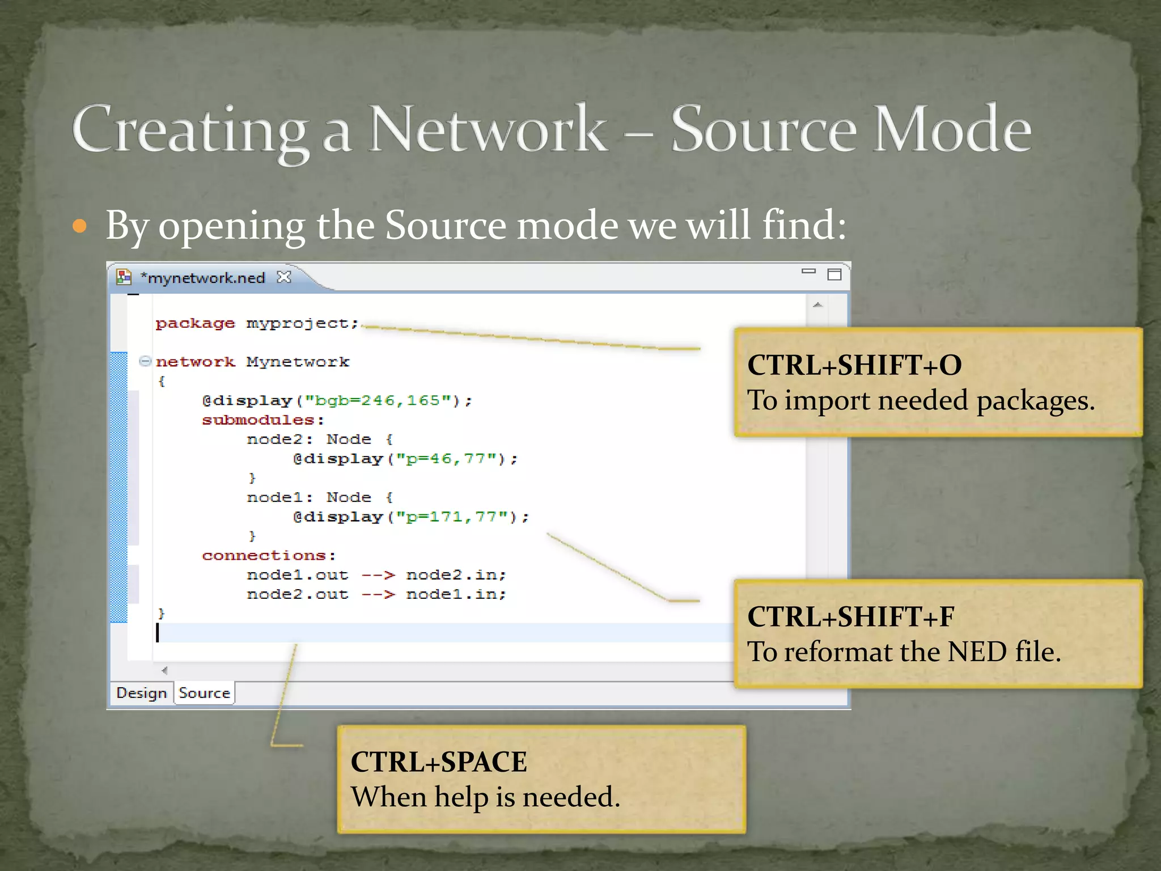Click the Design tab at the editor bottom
click(x=141, y=693)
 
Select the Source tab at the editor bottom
click(x=204, y=693)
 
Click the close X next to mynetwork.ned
click(x=284, y=277)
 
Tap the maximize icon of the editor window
click(x=834, y=274)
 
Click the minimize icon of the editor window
click(x=808, y=272)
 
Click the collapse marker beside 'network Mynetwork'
click(x=145, y=361)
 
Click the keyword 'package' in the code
click(x=195, y=323)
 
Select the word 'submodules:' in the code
click(x=263, y=420)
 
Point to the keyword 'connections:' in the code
click(x=269, y=556)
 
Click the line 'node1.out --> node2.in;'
click(x=376, y=575)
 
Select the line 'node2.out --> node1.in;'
click(x=376, y=594)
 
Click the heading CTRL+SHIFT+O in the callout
click(x=854, y=365)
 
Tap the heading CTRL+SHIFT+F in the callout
click(x=850, y=617)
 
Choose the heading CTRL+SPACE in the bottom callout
click(x=439, y=762)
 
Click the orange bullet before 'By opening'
click(x=80, y=227)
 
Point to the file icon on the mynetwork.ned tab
click(x=124, y=277)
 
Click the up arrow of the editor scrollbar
click(x=817, y=305)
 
